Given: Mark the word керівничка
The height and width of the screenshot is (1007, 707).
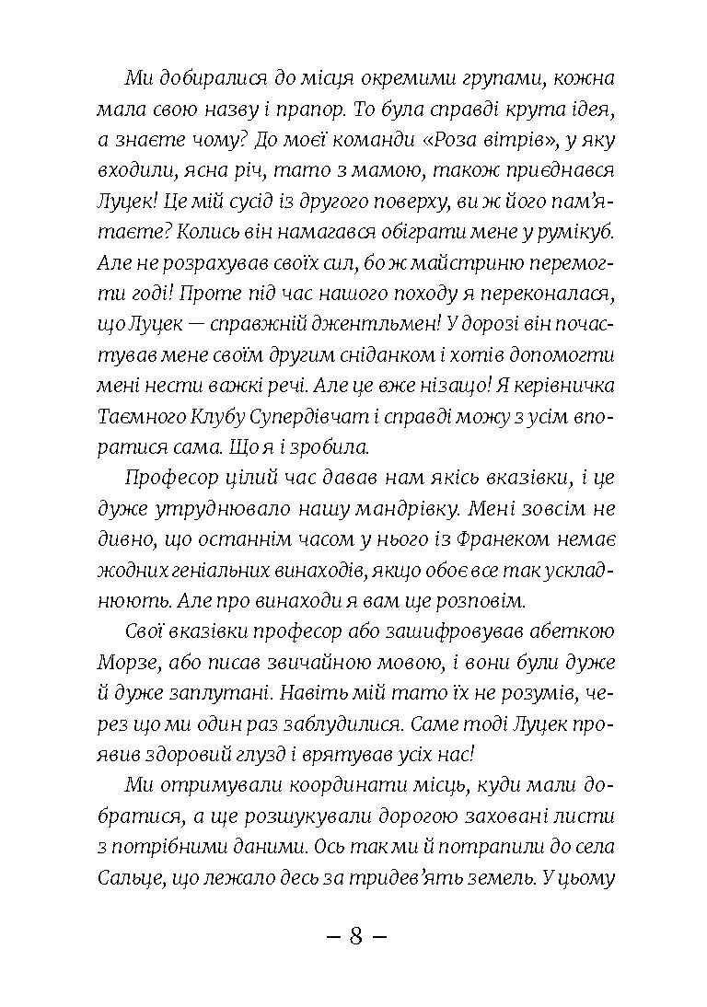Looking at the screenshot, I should (x=556, y=386).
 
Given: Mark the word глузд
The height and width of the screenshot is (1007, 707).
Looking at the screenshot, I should (x=289, y=753).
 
